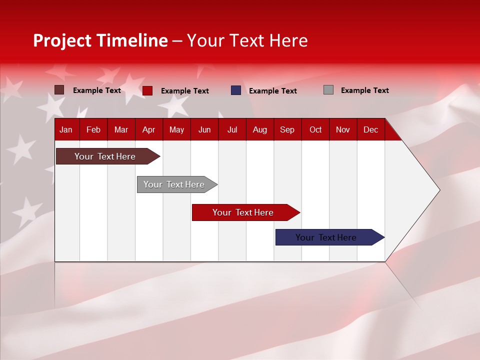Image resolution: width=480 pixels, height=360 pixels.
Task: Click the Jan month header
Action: tap(66, 129)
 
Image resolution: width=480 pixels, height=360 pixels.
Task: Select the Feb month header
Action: tap(93, 129)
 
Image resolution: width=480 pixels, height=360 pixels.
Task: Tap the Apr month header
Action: tap(148, 129)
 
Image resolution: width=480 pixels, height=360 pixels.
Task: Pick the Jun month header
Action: tap(204, 129)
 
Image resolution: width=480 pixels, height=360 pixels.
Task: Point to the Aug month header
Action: tap(260, 129)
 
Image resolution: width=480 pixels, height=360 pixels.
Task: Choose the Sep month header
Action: tap(287, 129)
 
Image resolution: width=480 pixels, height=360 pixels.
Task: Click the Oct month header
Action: tap(315, 129)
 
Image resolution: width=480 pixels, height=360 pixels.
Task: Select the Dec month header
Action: tap(371, 129)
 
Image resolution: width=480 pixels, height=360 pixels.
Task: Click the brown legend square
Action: tap(59, 90)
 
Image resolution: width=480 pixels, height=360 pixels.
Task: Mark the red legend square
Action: tap(147, 90)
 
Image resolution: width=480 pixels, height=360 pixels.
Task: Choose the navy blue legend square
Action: tap(236, 90)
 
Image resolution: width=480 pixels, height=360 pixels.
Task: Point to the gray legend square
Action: tap(328, 90)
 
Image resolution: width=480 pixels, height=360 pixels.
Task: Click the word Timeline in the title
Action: tap(132, 40)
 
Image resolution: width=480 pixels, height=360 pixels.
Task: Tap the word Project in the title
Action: tap(62, 40)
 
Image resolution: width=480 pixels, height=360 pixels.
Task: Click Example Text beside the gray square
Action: tap(364, 90)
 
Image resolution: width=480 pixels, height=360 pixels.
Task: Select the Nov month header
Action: tap(343, 129)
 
